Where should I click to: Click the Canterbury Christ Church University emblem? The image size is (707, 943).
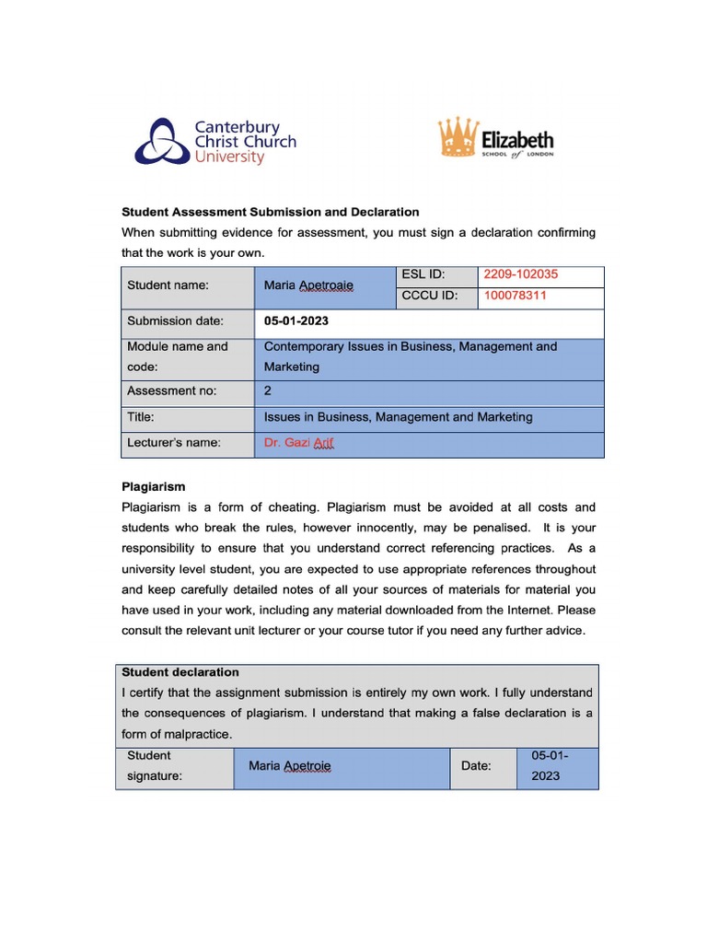[163, 141]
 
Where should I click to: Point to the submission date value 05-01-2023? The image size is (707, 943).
[296, 321]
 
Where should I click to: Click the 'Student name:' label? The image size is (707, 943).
[168, 285]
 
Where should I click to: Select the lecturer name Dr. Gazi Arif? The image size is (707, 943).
[299, 443]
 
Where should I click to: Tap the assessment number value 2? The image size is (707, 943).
[268, 391]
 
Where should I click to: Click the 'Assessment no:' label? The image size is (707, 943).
[172, 391]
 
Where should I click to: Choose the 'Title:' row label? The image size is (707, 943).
[141, 417]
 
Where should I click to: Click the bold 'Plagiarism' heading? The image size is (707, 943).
[154, 486]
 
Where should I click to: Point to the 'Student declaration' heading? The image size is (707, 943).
[180, 672]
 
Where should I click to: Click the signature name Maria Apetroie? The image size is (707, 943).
[290, 766]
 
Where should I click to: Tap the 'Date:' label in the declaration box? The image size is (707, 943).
[476, 766]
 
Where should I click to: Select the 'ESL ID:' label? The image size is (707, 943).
[423, 274]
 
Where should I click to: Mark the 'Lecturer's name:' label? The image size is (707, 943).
[174, 443]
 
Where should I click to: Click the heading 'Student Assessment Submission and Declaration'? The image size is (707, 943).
[271, 212]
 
